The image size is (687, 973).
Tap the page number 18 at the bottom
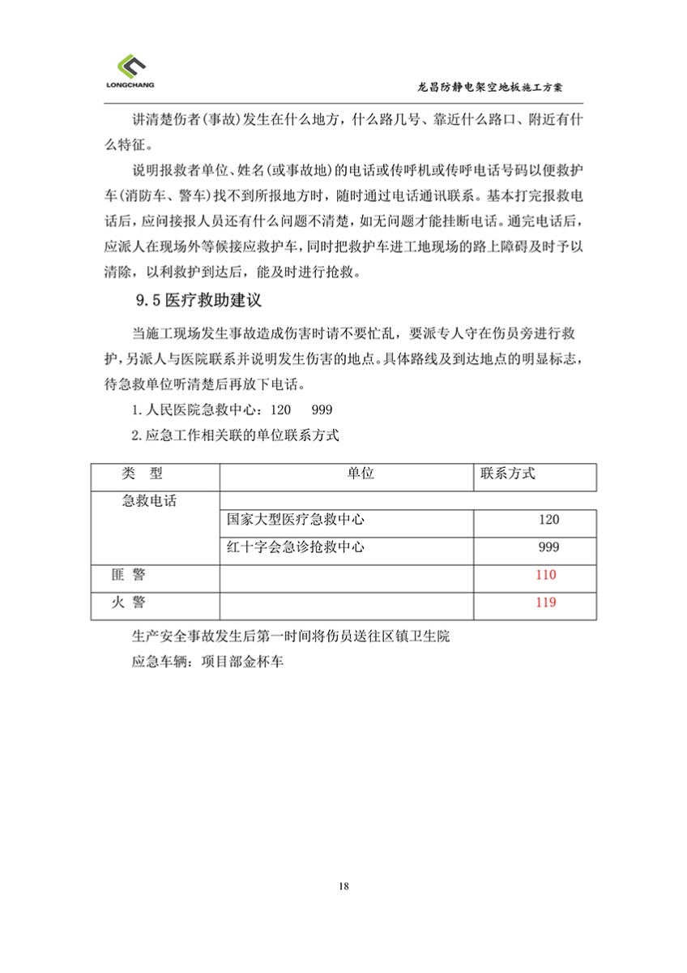point(344,885)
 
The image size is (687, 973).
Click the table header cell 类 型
point(143,474)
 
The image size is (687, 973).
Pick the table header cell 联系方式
point(508,474)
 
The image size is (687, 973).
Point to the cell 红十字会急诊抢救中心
point(296,547)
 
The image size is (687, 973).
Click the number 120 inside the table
point(548,521)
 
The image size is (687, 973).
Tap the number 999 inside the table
point(548,548)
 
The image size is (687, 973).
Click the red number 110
point(546,575)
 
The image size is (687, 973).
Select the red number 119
point(546,602)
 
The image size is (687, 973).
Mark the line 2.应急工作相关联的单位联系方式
point(235,435)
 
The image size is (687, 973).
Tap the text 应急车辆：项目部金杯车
point(207,662)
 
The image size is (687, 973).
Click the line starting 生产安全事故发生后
point(289,637)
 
